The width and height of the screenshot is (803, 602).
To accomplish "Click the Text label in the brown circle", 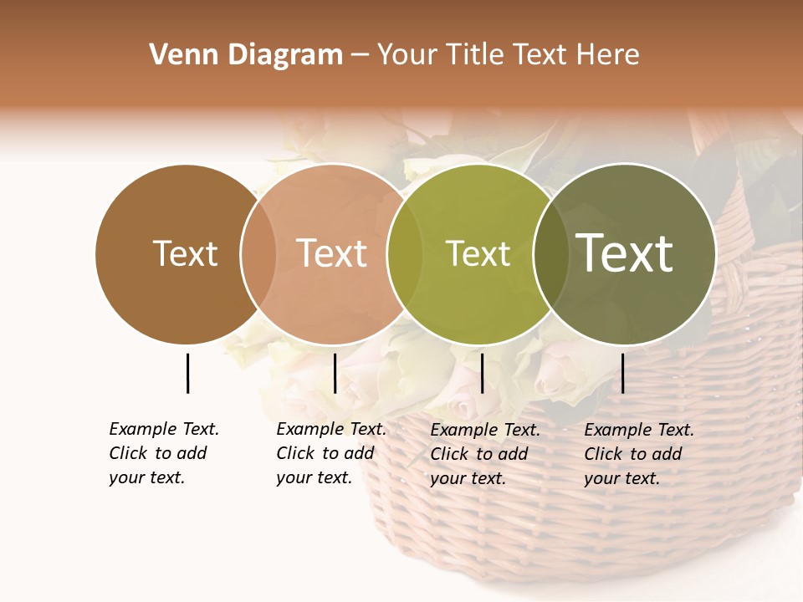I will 185,253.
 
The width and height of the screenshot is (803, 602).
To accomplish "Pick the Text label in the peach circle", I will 332,253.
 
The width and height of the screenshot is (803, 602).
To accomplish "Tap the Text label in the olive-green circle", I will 478,253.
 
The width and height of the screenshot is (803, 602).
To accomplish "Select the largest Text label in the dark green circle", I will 625,253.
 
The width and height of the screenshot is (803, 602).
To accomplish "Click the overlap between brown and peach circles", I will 258,253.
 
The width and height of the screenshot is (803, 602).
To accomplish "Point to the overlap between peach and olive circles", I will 405,253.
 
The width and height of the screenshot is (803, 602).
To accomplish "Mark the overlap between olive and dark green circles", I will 551,253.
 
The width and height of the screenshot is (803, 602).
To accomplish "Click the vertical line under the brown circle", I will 187,373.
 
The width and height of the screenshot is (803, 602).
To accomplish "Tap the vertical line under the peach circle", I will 335,373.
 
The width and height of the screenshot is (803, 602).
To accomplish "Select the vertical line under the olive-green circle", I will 482,373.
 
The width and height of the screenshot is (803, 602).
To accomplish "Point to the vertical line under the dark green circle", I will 622,373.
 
